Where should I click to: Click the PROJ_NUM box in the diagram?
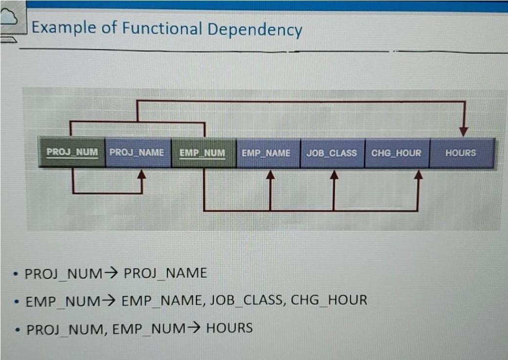[72, 153]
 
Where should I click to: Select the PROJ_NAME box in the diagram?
[138, 153]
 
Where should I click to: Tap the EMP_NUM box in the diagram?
[203, 153]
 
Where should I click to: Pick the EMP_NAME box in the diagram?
[267, 153]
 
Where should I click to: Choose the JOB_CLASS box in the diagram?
[332, 153]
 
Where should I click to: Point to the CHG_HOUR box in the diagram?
[396, 153]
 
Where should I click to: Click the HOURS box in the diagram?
[461, 153]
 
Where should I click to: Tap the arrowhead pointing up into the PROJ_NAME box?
[141, 174]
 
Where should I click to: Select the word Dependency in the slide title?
[254, 30]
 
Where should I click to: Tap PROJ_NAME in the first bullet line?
[165, 273]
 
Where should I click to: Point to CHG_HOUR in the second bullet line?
[329, 299]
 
